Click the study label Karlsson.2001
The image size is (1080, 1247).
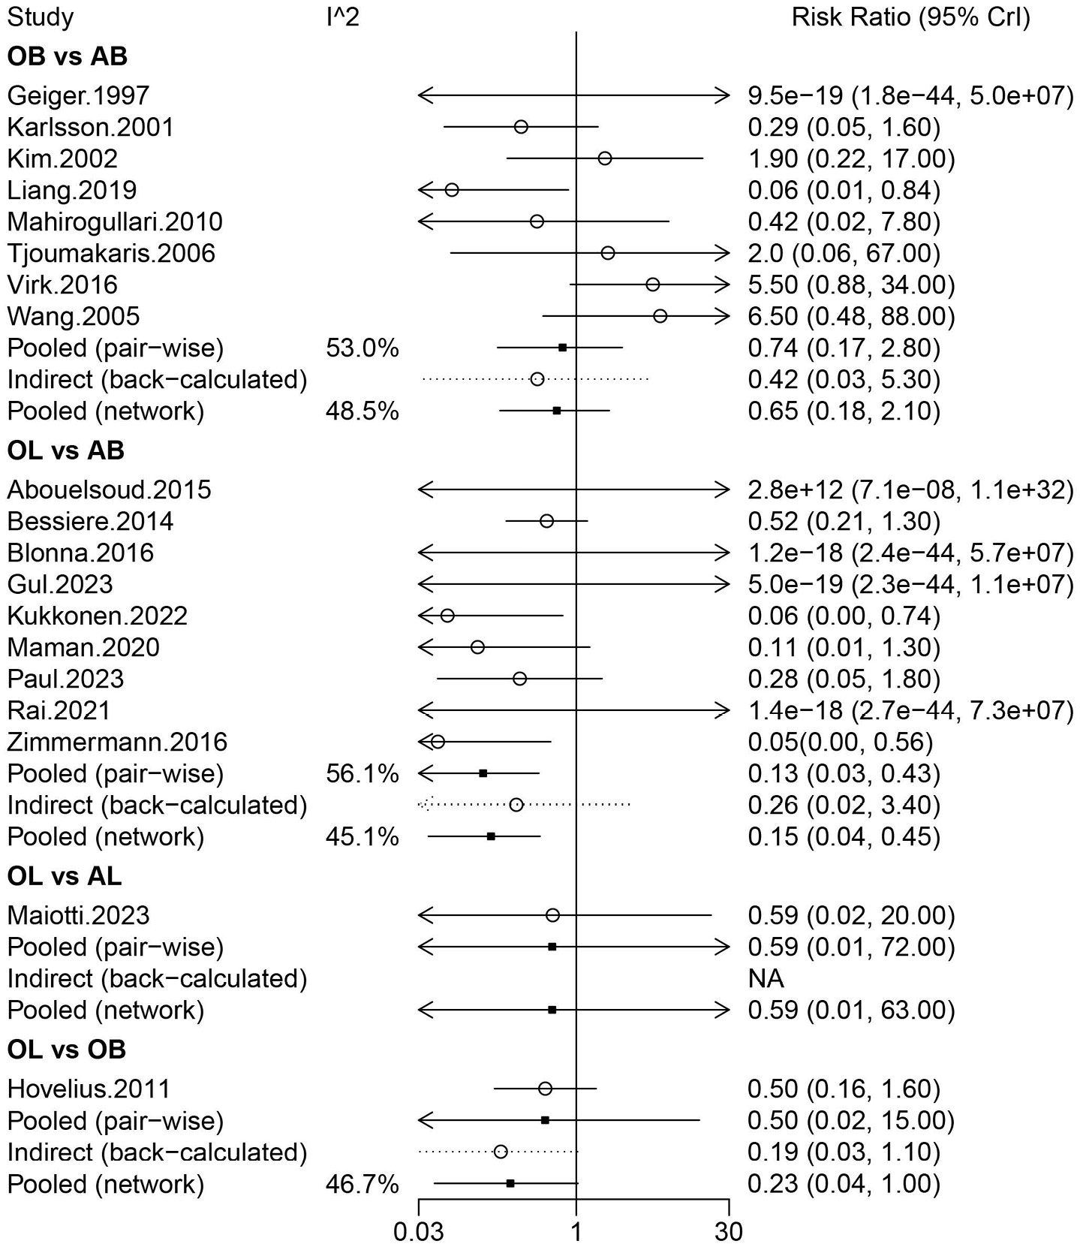tap(91, 127)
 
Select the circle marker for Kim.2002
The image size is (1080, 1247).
tap(605, 158)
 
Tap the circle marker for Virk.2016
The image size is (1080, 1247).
tap(653, 285)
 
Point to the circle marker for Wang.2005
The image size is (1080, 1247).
tap(660, 316)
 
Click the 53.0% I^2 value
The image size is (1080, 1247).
tap(363, 348)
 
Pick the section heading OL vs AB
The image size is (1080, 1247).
tap(66, 450)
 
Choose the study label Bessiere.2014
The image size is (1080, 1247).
tap(91, 521)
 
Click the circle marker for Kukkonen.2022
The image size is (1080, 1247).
tap(447, 616)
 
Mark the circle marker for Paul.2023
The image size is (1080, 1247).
tap(519, 679)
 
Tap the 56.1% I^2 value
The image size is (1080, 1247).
tap(363, 773)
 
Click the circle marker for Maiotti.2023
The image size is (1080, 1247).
tap(553, 915)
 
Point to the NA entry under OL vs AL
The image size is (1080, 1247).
tap(766, 978)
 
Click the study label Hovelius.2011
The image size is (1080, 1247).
tap(89, 1089)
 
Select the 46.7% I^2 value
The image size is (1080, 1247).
tap(363, 1184)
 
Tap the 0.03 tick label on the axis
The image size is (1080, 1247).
tap(419, 1232)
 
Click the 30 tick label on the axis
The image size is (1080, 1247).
tap(729, 1232)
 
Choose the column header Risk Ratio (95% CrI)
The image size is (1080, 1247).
tap(911, 17)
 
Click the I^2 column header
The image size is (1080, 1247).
tap(343, 17)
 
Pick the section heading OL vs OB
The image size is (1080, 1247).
tap(67, 1050)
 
